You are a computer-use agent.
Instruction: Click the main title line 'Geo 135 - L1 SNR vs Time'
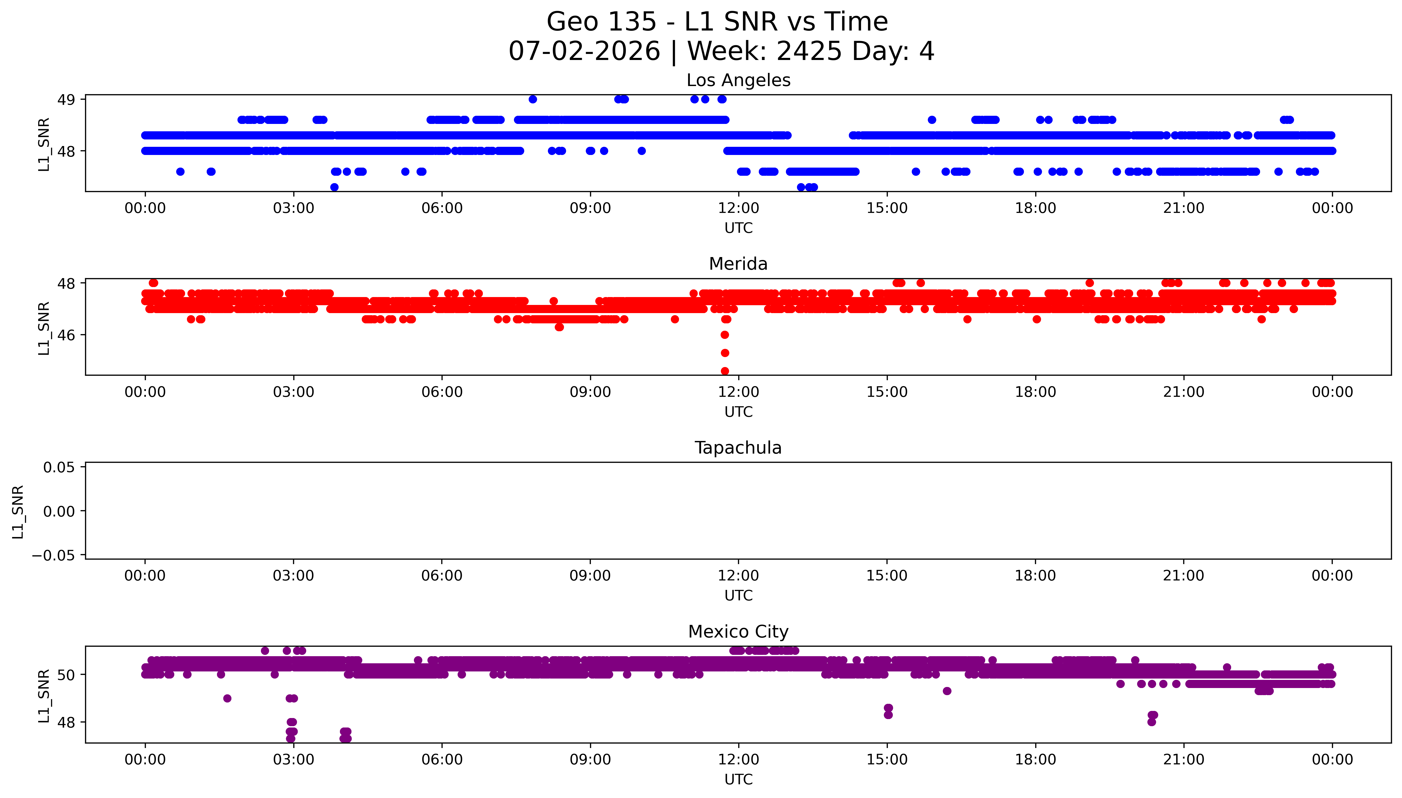[x=717, y=22]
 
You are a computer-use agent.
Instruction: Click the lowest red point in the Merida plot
[x=725, y=371]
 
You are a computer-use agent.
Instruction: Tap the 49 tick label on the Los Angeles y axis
[x=66, y=100]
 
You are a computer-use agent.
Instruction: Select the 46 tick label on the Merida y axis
[x=66, y=335]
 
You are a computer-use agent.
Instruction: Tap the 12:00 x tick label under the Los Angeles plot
[x=739, y=208]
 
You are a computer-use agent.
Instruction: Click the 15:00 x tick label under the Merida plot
[x=887, y=393]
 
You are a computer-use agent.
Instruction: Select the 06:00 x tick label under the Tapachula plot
[x=442, y=576]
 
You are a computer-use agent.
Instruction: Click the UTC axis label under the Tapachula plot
[x=739, y=596]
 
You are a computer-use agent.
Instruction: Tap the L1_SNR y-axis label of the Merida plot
[x=44, y=328]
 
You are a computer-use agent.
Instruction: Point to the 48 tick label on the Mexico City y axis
[x=66, y=722]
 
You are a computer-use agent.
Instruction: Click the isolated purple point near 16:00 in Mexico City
[x=947, y=691]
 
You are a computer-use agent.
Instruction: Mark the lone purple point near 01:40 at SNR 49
[x=227, y=698]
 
